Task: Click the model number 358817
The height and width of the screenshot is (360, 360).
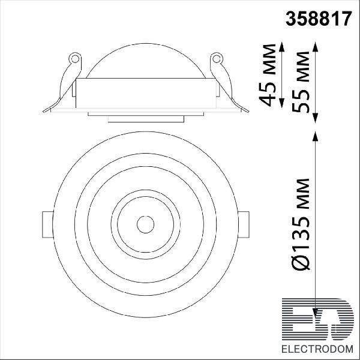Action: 319,19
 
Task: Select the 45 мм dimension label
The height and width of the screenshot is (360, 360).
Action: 267,75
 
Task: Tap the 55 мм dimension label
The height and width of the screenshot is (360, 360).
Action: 301,82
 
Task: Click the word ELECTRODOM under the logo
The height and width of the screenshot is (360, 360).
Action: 317,349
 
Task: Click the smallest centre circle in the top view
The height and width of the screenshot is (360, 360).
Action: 145,224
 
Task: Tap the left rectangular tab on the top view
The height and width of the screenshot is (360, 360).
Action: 48,224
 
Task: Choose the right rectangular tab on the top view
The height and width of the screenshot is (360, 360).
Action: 244,224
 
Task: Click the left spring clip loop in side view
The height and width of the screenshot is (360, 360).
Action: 75,59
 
